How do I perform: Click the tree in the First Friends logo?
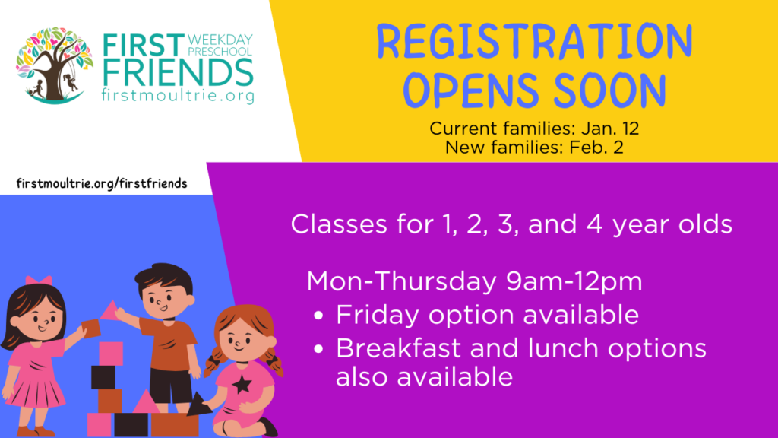pos(54,65)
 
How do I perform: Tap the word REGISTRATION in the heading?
pos(534,42)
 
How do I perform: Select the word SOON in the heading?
pos(610,90)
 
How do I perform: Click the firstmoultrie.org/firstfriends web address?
pos(102,184)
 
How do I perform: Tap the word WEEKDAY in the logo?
pos(220,40)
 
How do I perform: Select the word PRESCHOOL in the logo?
pos(220,52)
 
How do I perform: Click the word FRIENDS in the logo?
pos(178,72)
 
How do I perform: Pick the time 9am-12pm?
pos(574,282)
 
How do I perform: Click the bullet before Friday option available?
pos(318,316)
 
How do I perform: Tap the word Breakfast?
pos(398,348)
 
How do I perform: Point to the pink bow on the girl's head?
pos(39,281)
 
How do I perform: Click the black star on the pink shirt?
pos(242,384)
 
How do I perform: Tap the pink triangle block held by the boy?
pos(109,310)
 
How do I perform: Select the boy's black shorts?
pos(171,386)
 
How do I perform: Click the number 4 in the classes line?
pos(595,224)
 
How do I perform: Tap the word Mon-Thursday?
pos(401,281)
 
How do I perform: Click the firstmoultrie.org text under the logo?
pos(178,95)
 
